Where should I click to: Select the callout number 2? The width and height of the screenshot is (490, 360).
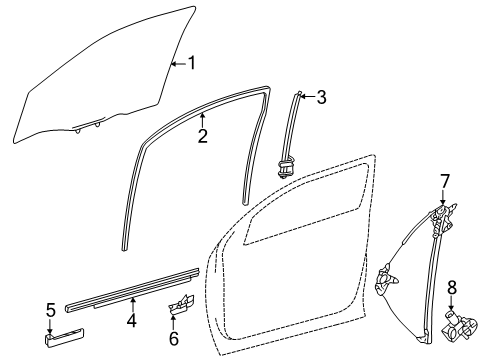202,137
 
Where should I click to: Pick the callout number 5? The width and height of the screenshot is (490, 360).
50,311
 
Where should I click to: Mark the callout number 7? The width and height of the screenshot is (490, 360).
446,180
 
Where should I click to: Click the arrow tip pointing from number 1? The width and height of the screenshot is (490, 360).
172,65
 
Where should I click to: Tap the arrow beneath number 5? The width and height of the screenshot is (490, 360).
50,330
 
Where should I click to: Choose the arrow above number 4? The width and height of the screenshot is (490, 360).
131,303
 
